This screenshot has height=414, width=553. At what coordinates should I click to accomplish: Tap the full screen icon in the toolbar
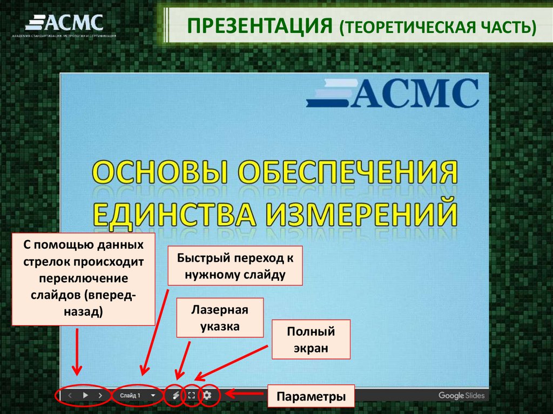point(191,395)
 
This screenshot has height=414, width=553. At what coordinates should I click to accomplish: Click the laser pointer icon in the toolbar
point(176,395)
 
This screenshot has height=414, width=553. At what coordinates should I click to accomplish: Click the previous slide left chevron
point(70,395)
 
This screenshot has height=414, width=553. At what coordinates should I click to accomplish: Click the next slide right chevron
point(100,395)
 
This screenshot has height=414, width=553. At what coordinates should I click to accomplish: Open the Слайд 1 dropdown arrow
point(153,395)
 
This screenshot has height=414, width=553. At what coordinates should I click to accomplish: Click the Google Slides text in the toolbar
point(459,396)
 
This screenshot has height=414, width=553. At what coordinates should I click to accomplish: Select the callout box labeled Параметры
point(311,397)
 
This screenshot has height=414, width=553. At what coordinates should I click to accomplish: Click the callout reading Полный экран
point(311,340)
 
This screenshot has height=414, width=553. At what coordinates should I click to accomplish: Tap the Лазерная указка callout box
point(219,318)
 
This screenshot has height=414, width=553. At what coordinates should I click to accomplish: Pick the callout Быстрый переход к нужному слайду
point(235,266)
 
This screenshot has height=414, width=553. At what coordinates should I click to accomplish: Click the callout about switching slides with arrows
point(83,279)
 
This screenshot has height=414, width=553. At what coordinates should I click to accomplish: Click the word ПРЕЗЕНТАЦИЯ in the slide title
point(259,26)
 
